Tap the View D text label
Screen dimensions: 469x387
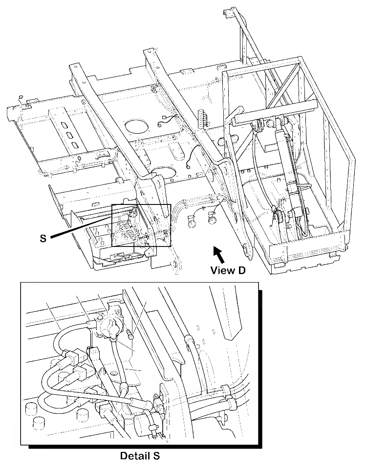(227, 270)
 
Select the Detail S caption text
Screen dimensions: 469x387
(140, 456)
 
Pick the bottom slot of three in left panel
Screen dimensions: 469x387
(74, 145)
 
